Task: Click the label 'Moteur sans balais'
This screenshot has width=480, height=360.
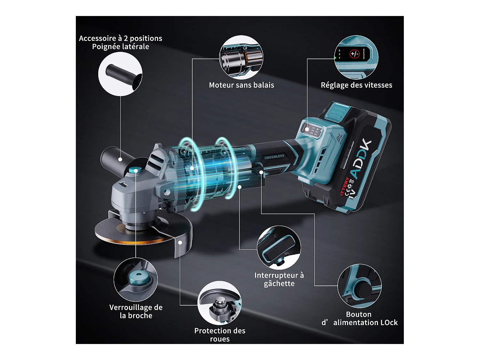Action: coord(241,85)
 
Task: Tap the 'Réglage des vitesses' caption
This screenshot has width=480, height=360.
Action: coord(356,85)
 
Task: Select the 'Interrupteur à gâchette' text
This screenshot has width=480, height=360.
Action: coord(279,279)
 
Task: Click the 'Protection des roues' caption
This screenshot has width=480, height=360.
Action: coord(220,335)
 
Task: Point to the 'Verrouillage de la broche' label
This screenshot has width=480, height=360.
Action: coord(136,311)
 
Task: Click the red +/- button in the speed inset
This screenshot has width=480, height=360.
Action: coord(354,54)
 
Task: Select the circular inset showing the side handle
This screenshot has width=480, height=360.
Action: coord(120,74)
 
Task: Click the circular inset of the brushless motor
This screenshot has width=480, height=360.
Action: coord(241,58)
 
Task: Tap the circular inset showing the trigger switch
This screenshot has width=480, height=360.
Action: coord(279,248)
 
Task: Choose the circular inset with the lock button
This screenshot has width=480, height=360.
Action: coord(359,286)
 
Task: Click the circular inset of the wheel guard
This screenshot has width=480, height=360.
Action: coord(220,303)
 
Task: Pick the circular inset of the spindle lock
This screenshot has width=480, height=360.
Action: coord(135,280)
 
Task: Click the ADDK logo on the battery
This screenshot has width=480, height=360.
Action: coord(361,159)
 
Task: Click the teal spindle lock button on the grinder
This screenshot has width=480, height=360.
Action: coord(136,171)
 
